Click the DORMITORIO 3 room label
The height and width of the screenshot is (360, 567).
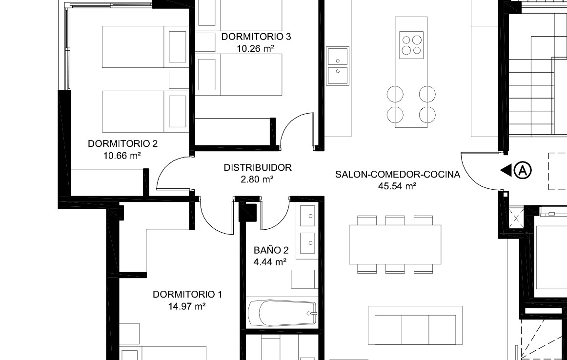coord(256,37)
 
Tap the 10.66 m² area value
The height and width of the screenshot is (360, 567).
coord(122,156)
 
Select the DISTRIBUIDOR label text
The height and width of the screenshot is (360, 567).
coord(258,167)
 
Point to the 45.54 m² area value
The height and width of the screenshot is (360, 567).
coord(397,186)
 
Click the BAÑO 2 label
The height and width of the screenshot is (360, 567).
coord(271,250)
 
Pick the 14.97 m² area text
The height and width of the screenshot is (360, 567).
coord(187,306)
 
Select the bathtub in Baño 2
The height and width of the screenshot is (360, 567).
coord(283,313)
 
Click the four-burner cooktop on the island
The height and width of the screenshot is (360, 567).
coord(411,45)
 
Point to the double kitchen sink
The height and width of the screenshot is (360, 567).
coord(337,66)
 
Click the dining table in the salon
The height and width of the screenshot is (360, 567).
coord(395,244)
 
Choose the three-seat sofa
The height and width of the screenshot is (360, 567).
coord(415,326)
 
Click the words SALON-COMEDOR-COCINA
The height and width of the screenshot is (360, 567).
coord(397,174)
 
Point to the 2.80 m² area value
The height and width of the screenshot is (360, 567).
coord(257,180)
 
